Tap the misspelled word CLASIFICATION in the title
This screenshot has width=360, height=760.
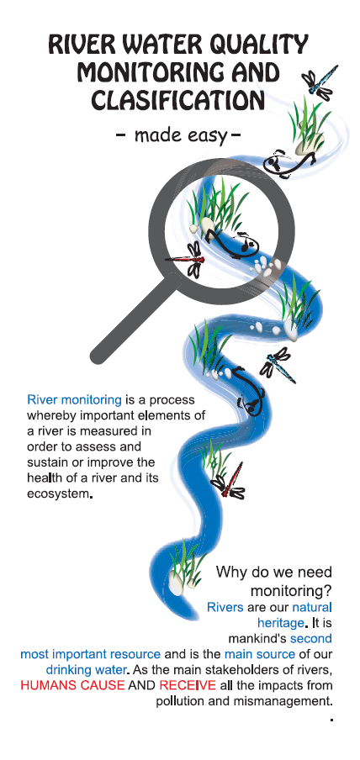(x=178, y=101)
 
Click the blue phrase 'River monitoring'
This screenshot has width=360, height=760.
(x=74, y=400)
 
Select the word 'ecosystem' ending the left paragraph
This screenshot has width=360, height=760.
(x=58, y=493)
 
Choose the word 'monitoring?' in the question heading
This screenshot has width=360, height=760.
(x=291, y=591)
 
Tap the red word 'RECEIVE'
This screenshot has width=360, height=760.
(x=188, y=685)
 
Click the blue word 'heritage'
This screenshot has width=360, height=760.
(x=280, y=623)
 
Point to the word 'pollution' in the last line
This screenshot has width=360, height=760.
(x=179, y=701)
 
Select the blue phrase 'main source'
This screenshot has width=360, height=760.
(x=260, y=654)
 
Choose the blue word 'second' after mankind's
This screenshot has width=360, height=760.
(x=311, y=638)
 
